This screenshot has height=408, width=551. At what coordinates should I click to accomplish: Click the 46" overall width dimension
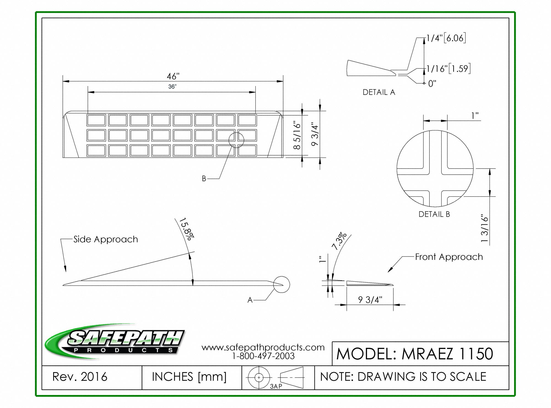click(x=173, y=76)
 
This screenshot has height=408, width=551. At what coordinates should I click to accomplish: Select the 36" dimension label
click(x=172, y=87)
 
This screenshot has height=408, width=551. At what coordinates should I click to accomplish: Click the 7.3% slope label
click(x=339, y=241)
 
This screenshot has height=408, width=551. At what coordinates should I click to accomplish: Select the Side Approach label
click(x=106, y=239)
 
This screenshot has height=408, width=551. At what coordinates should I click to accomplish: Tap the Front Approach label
click(x=449, y=257)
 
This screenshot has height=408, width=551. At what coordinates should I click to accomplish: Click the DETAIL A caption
click(x=379, y=92)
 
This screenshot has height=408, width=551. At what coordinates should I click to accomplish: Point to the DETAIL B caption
click(x=434, y=214)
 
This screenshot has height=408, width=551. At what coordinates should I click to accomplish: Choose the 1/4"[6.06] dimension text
click(x=446, y=38)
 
